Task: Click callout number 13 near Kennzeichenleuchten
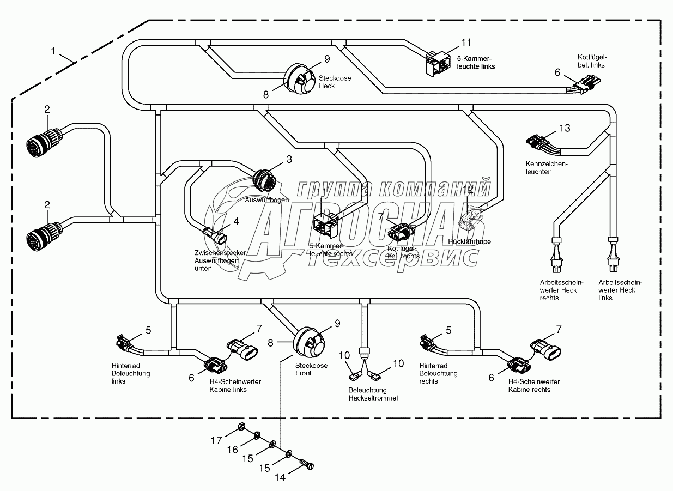coord(565,128)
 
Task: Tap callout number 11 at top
coord(466,42)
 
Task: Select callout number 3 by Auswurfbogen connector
coord(288,159)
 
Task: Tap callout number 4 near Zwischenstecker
coord(236,221)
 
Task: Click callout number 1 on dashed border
coord(53,51)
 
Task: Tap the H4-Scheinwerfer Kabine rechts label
coord(533,386)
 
